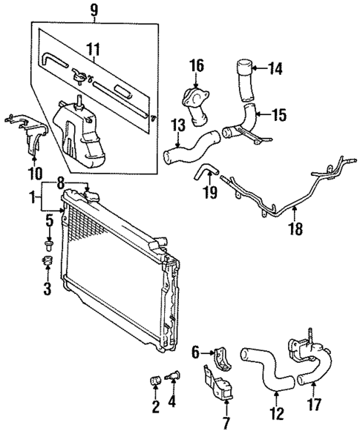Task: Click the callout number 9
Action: coord(94,11)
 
